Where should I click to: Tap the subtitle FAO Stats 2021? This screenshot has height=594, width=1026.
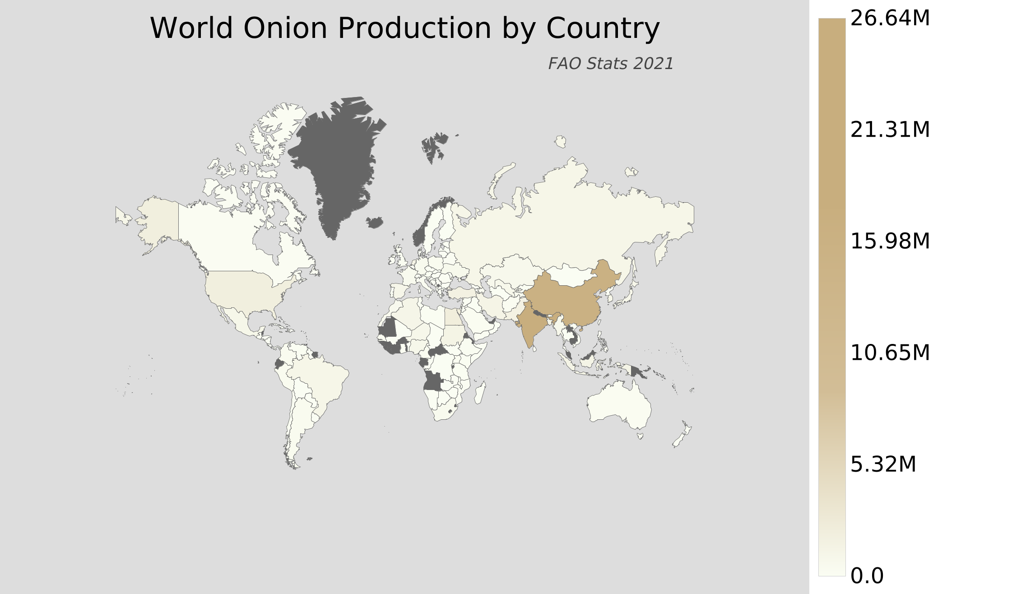610,64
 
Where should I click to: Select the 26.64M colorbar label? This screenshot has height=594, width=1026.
890,19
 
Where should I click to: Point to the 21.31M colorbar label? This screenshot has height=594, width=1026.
890,130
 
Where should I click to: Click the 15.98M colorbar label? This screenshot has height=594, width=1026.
890,241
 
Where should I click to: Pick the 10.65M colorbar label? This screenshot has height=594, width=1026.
890,353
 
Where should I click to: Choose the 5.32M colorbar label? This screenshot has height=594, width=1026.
883,464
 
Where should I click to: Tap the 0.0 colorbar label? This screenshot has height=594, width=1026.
867,576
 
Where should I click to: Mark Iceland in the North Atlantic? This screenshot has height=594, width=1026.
375,222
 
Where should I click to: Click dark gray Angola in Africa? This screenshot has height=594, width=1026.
433,381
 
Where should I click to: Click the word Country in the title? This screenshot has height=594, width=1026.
603,28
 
